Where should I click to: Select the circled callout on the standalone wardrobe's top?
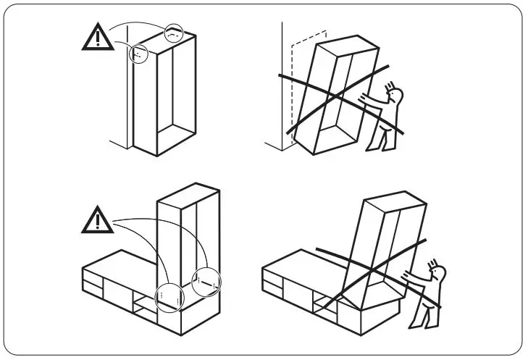click(x=173, y=33)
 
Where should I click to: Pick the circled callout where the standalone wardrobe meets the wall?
click(x=138, y=54)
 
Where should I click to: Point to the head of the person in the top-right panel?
click(x=395, y=94)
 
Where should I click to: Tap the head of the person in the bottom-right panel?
click(x=437, y=273)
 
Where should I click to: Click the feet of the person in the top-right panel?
click(x=374, y=147)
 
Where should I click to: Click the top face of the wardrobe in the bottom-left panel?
click(x=188, y=191)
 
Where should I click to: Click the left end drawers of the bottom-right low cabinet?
click(x=273, y=280)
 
